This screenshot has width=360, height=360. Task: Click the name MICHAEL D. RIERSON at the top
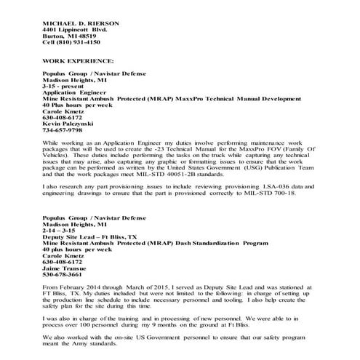(x=81, y=23)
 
